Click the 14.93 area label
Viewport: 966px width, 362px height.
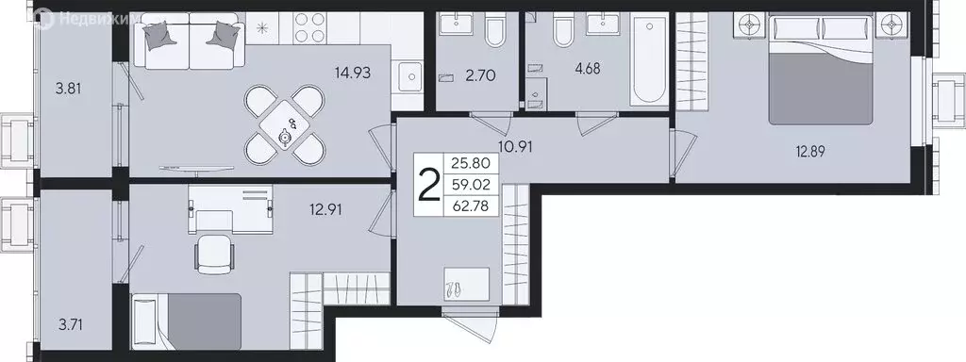pyautogui.click(x=354, y=70)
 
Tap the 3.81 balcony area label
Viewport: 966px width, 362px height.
pyautogui.click(x=68, y=90)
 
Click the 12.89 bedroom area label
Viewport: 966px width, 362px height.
pyautogui.click(x=816, y=149)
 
